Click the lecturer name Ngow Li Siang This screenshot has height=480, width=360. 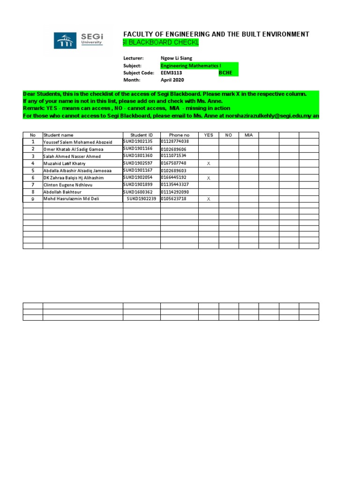[x=176, y=58]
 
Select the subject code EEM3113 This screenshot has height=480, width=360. [x=172, y=73]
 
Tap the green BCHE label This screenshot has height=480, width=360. [x=225, y=73]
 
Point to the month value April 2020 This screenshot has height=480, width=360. [x=172, y=80]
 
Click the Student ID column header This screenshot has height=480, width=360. [x=142, y=135]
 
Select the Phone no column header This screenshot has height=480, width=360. [x=179, y=135]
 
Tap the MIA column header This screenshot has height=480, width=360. [x=248, y=135]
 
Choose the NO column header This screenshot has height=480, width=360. [x=228, y=135]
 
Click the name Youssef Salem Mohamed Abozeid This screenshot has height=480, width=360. [x=78, y=142]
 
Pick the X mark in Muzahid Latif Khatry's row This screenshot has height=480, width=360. [x=209, y=164]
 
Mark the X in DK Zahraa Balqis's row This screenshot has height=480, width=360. [x=209, y=178]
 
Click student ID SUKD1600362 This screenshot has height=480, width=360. [x=138, y=192]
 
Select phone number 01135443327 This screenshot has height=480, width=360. [x=175, y=185]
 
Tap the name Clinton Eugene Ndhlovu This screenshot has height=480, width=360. [x=68, y=185]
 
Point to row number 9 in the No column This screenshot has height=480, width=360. [x=33, y=199]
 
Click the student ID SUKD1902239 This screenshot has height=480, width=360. [x=142, y=199]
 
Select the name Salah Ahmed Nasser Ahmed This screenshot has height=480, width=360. [x=72, y=157]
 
